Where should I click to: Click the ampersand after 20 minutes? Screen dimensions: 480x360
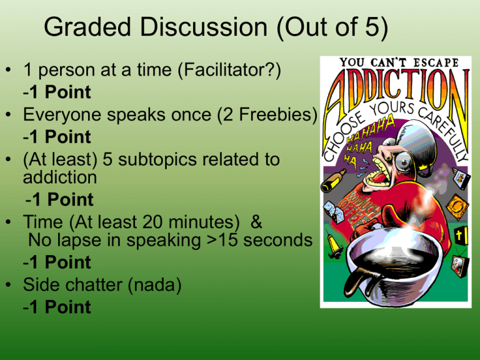[x=256, y=222]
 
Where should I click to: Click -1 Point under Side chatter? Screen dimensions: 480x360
[x=57, y=307]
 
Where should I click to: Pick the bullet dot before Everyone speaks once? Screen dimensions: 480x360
[x=8, y=114]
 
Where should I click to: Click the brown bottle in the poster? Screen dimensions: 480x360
[x=333, y=181]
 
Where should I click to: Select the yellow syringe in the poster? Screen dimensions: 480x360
[x=334, y=246]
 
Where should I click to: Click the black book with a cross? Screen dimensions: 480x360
[x=461, y=236]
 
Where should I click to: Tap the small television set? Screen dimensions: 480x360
[x=459, y=265]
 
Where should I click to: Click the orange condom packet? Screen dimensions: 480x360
[x=457, y=207]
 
